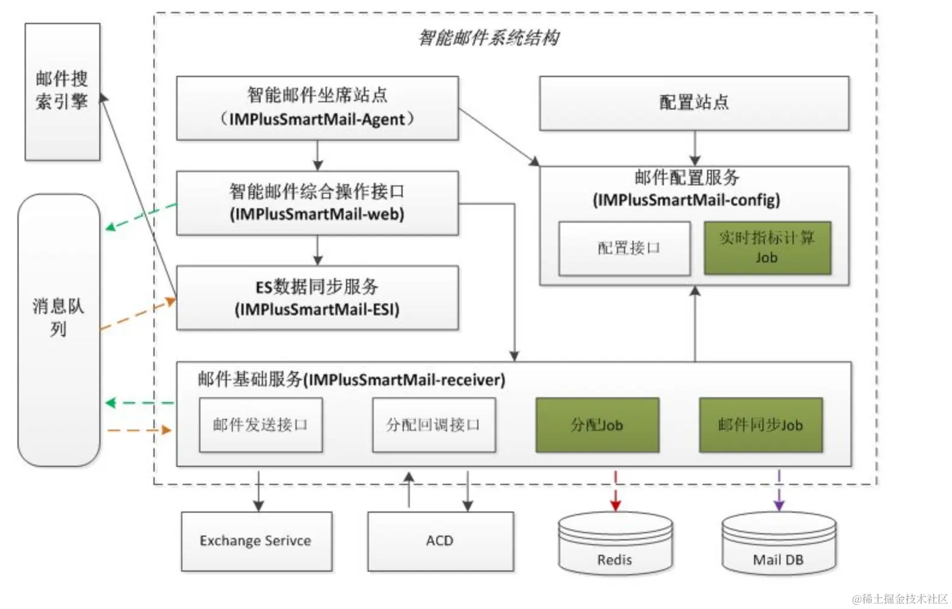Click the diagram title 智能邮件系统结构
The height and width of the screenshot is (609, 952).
pos(489,38)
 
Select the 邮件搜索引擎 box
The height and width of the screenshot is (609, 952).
pos(62,91)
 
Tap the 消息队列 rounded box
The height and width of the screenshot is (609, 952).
pos(58,329)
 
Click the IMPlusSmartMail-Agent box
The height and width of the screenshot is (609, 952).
pos(317,108)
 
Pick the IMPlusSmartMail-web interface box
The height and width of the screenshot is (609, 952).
pos(317,203)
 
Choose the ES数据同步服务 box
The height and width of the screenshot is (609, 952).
pos(317,298)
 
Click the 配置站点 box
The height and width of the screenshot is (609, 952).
pos(694,103)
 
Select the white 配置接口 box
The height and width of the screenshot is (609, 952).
pos(624,249)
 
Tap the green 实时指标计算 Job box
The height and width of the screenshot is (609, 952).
pos(767,248)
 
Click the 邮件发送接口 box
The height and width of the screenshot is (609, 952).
pos(261,425)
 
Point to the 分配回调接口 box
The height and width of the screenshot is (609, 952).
pos(434,425)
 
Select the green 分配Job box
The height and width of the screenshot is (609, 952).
pos(597,425)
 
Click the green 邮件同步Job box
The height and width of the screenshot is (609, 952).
pos(761,425)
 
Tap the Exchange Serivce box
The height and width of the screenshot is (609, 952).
pos(256,541)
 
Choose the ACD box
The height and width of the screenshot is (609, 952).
pos(440,541)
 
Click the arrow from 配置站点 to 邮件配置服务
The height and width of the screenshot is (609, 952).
pos(694,148)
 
